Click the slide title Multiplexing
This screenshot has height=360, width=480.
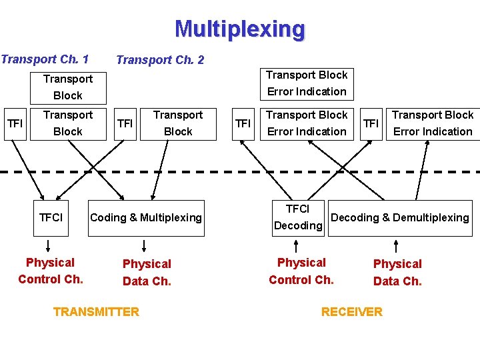240,29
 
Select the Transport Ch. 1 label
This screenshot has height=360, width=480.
45,59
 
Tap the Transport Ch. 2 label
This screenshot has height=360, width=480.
160,60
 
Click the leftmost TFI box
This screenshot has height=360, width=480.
14,123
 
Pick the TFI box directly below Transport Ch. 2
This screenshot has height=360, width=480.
125,123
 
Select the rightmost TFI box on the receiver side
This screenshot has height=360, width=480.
371,123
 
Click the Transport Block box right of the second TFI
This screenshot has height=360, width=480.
178,123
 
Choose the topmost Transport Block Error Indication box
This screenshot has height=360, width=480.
307,83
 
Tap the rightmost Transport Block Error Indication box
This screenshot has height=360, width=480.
432,123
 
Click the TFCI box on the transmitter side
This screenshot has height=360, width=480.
51,217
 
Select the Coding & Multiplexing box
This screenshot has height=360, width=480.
145,217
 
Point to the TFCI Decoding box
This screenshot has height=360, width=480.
298,217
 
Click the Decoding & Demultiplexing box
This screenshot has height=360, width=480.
400,217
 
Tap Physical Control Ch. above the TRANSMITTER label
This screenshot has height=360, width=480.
51,271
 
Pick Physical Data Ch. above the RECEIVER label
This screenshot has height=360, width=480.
397,272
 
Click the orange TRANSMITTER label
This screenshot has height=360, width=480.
96,311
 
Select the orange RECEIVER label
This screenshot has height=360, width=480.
351,311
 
